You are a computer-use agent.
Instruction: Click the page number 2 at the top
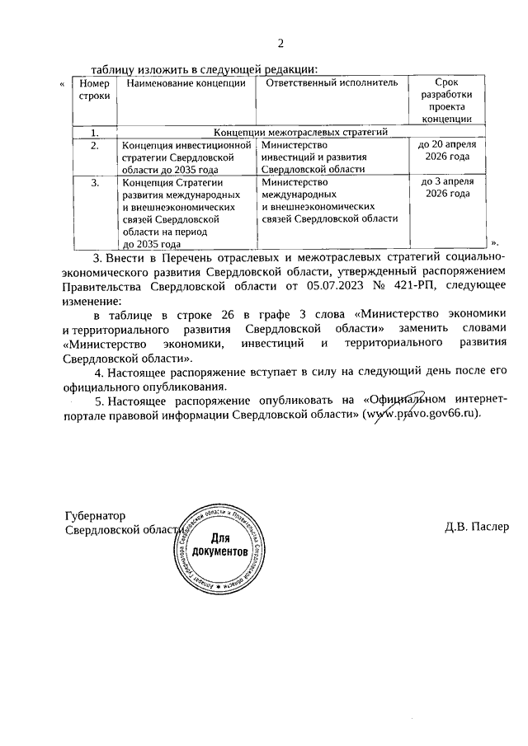(280, 44)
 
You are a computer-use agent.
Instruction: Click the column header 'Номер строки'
(93, 90)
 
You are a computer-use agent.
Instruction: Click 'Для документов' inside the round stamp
(219, 545)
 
